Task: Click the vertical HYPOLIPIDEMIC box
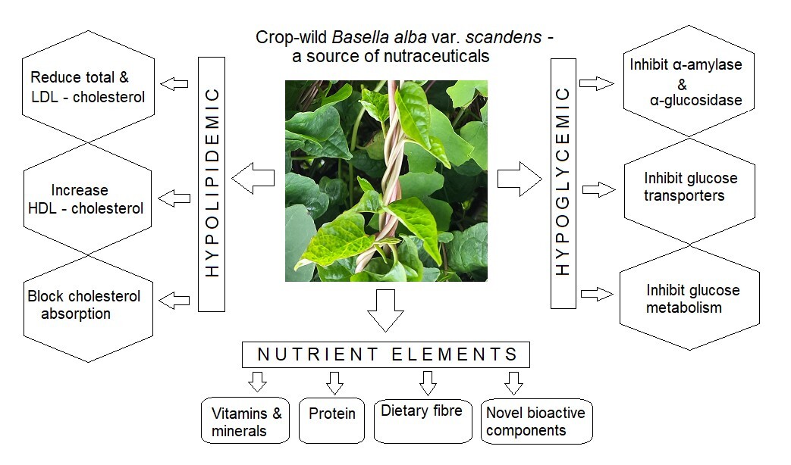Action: [212, 183]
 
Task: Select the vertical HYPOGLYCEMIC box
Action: [563, 183]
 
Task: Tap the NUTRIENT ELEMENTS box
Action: [385, 354]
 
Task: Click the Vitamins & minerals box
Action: [246, 420]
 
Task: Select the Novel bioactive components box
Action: [536, 420]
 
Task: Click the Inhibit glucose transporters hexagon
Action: [690, 188]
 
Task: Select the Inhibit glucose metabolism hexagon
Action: [690, 298]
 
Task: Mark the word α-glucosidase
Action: [695, 101]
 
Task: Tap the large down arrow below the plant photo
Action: [385, 310]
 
